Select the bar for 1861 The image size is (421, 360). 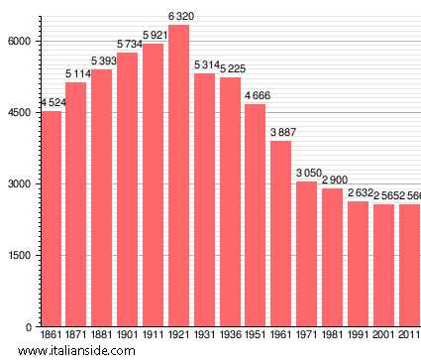click(x=51, y=218)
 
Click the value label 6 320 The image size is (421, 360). click(x=178, y=17)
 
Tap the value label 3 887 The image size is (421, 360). click(x=281, y=133)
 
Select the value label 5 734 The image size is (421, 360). click(x=127, y=45)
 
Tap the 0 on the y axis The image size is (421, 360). click(x=31, y=326)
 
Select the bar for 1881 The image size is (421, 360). click(x=101, y=197)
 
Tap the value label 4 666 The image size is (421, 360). click(x=256, y=96)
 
